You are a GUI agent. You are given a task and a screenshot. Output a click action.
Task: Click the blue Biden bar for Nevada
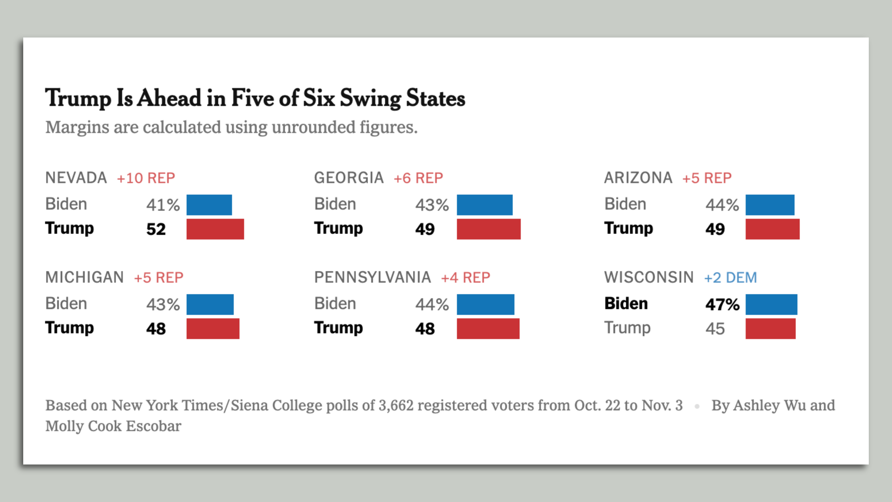(209, 205)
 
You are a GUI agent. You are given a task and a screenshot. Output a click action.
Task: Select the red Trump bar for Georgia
(488, 229)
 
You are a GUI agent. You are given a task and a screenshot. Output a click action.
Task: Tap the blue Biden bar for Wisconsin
(771, 304)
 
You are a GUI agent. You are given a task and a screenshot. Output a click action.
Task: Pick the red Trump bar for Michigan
(213, 329)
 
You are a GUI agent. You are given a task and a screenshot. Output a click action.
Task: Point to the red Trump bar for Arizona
(772, 229)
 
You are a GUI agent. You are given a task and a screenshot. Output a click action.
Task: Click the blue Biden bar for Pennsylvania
(485, 304)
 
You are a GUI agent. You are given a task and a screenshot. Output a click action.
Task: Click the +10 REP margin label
(146, 178)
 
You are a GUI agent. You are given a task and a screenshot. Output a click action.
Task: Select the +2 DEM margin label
(730, 277)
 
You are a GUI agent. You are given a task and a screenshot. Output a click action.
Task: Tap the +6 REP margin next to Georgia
(418, 178)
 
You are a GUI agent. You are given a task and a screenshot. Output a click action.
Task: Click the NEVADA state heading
(76, 178)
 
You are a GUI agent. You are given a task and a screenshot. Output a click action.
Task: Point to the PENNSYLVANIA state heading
(373, 277)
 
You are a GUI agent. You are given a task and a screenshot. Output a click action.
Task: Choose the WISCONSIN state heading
(649, 277)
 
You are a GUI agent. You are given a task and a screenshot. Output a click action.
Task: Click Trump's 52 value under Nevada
(156, 229)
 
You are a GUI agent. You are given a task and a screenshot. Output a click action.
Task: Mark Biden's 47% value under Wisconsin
(722, 304)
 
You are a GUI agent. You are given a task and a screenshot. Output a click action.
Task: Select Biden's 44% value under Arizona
(722, 205)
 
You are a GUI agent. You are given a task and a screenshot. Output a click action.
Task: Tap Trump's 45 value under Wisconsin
(715, 329)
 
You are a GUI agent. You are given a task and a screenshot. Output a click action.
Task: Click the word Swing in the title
(370, 99)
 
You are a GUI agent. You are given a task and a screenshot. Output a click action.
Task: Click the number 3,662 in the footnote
(396, 405)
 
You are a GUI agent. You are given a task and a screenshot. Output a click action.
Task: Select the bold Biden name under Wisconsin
(626, 304)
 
